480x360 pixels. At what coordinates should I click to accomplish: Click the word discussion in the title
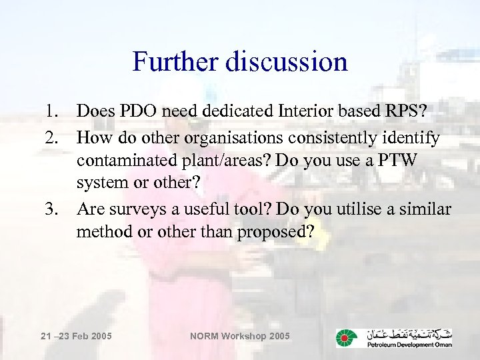(287, 61)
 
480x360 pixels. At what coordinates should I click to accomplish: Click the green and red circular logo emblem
(347, 338)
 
